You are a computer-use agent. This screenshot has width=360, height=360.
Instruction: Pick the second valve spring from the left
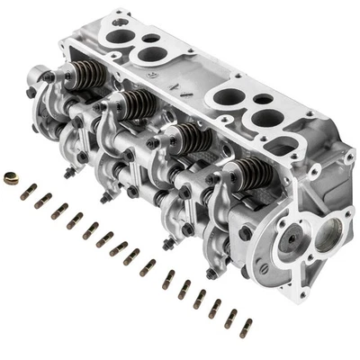pos(137,103)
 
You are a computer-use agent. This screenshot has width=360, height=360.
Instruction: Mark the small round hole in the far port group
pos(152,40)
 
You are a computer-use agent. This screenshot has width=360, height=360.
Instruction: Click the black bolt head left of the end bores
pos(246,232)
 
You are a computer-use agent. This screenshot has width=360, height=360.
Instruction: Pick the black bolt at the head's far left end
pos(32,92)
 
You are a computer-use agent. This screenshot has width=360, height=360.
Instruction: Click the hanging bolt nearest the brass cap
pos(68,173)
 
